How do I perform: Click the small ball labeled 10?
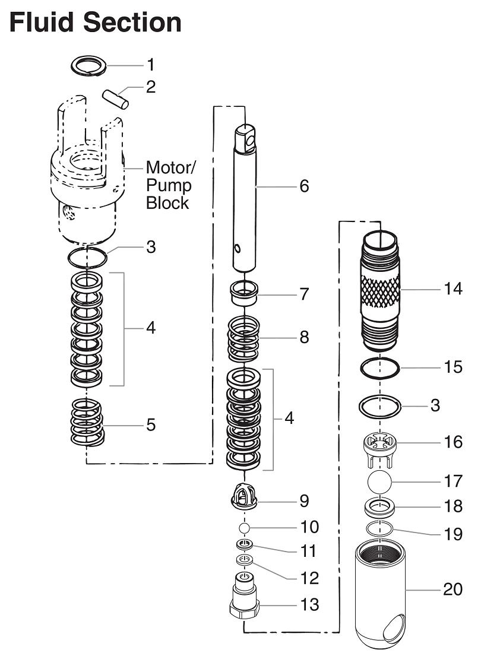click(243, 527)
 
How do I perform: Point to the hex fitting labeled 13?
click(243, 601)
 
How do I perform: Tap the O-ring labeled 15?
click(380, 367)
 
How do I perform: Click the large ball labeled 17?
click(380, 481)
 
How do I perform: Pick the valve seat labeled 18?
click(380, 508)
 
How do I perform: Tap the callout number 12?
click(309, 578)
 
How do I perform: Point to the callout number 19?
click(453, 534)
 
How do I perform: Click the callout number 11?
click(309, 551)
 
